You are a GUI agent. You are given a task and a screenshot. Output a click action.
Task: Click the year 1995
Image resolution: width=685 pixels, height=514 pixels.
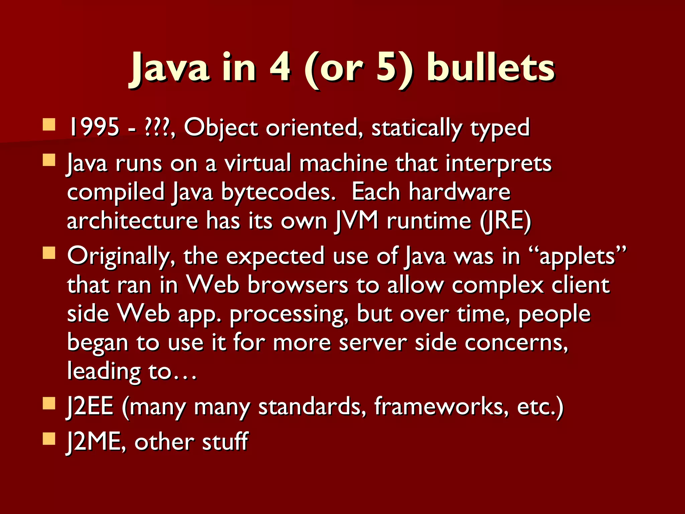click(x=93, y=127)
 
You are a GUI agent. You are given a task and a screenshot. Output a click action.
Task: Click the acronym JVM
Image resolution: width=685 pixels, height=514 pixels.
click(x=356, y=221)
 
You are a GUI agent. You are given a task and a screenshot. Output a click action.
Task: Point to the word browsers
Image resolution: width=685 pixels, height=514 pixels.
click(x=298, y=285)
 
